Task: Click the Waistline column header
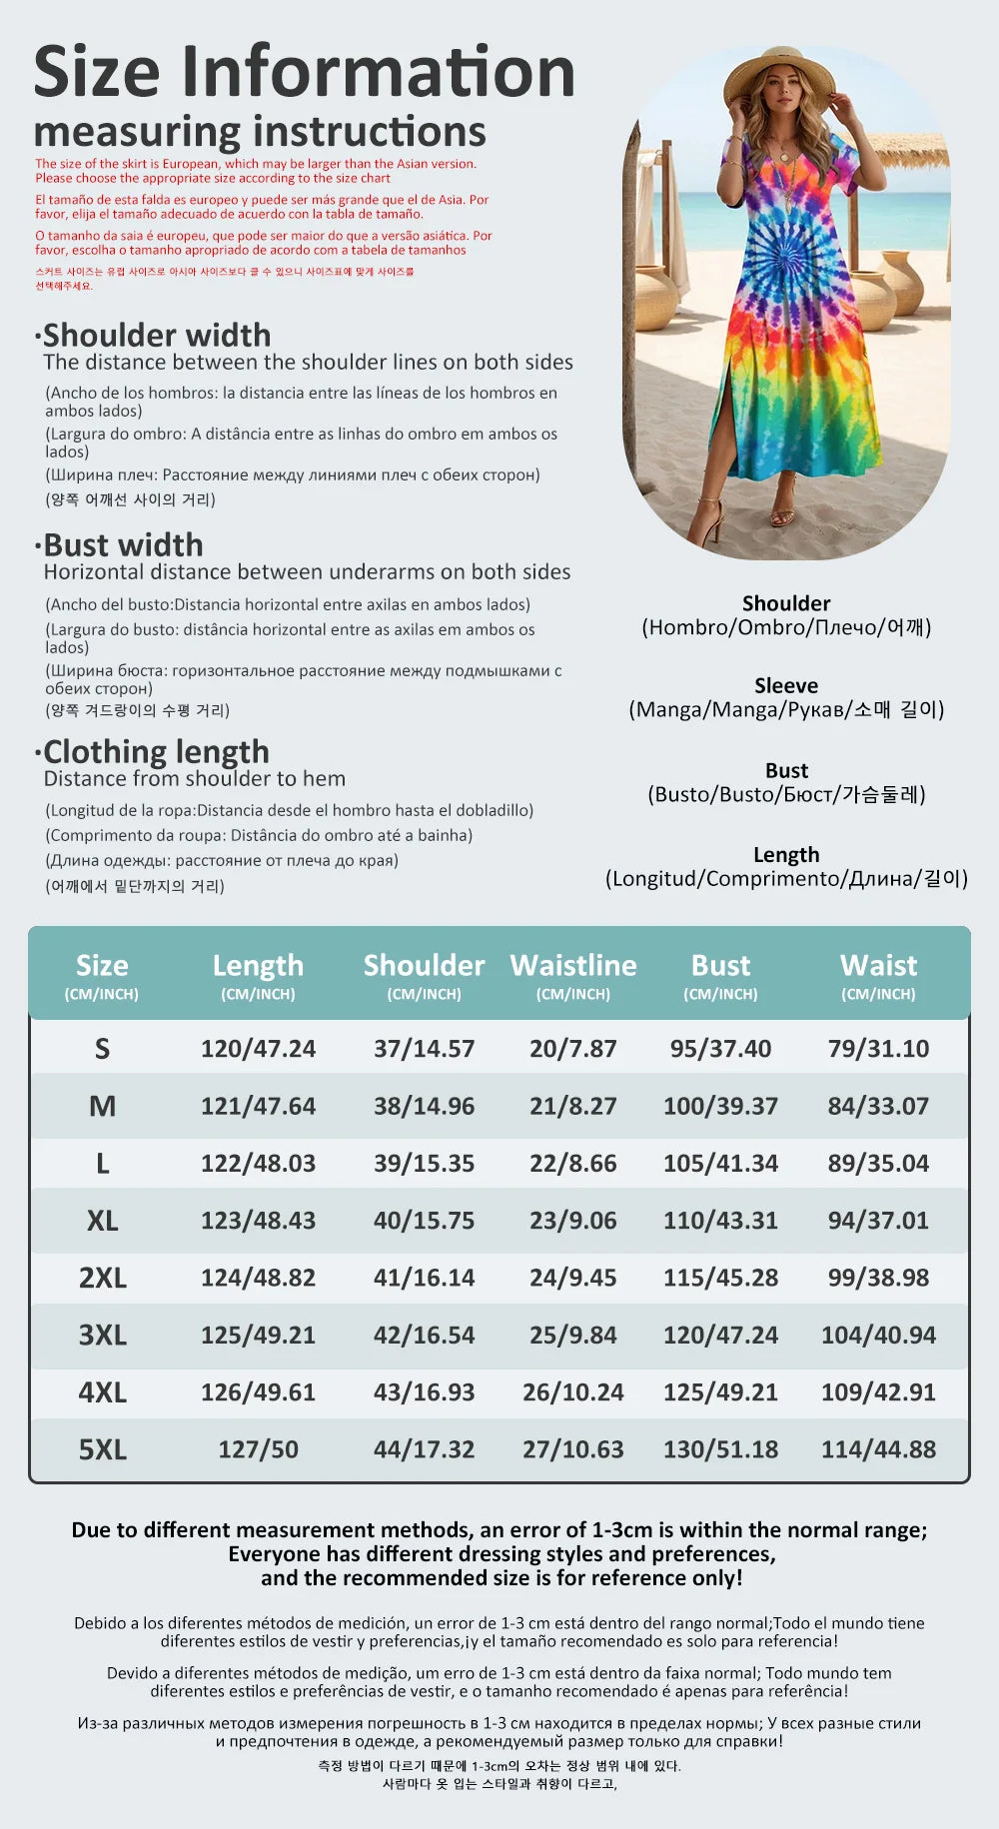(573, 966)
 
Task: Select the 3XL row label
(102, 1336)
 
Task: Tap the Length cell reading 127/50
(258, 1449)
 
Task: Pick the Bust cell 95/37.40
(720, 1049)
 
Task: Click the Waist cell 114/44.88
(878, 1449)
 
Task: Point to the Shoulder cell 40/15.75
(424, 1221)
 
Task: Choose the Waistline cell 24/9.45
(572, 1278)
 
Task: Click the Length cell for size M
(258, 1107)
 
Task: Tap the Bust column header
(720, 966)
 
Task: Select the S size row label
(102, 1049)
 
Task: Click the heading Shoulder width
(157, 335)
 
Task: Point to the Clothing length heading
(156, 751)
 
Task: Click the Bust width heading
(123, 544)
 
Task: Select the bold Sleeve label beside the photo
(786, 686)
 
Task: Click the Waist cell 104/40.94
(878, 1336)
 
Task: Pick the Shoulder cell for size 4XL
(424, 1392)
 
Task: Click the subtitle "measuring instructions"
(260, 132)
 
